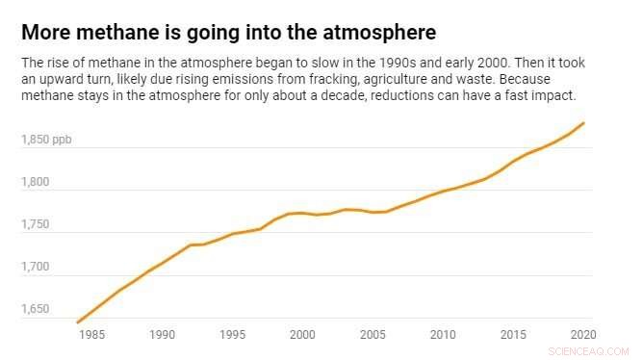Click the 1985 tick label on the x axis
coord(91,335)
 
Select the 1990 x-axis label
coord(162,335)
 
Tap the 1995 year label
coord(232,335)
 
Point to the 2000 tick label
coord(302,335)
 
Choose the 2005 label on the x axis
coord(373,335)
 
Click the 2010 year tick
coord(443,335)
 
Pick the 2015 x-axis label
coord(513,335)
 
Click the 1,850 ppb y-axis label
coord(45,141)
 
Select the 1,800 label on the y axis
coord(37,182)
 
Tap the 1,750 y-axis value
coord(37,224)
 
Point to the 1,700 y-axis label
coord(37,267)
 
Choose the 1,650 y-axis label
coord(37,309)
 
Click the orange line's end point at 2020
coord(584,123)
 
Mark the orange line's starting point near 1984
coord(77,321)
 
